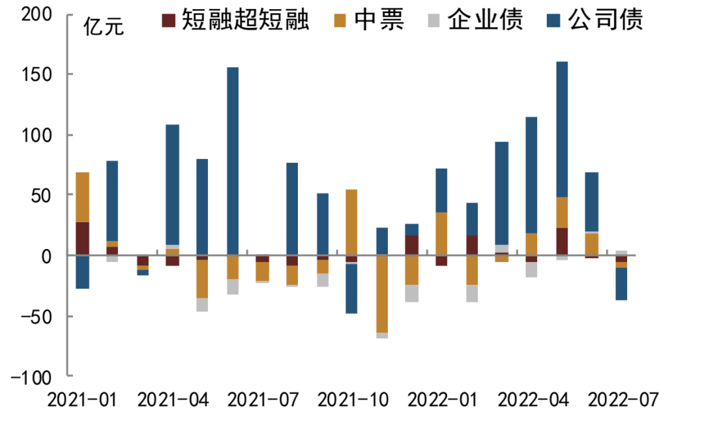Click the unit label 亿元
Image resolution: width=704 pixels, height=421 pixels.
tap(103, 29)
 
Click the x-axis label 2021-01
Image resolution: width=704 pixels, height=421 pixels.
tap(82, 399)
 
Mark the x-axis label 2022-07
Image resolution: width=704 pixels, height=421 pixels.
tap(624, 399)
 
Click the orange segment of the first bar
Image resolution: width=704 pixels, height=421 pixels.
tap(83, 197)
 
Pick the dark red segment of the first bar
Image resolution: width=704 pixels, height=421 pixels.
tap(83, 239)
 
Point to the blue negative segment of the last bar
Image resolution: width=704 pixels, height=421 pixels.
tap(622, 283)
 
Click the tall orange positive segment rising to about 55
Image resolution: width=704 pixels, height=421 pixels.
tap(352, 222)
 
